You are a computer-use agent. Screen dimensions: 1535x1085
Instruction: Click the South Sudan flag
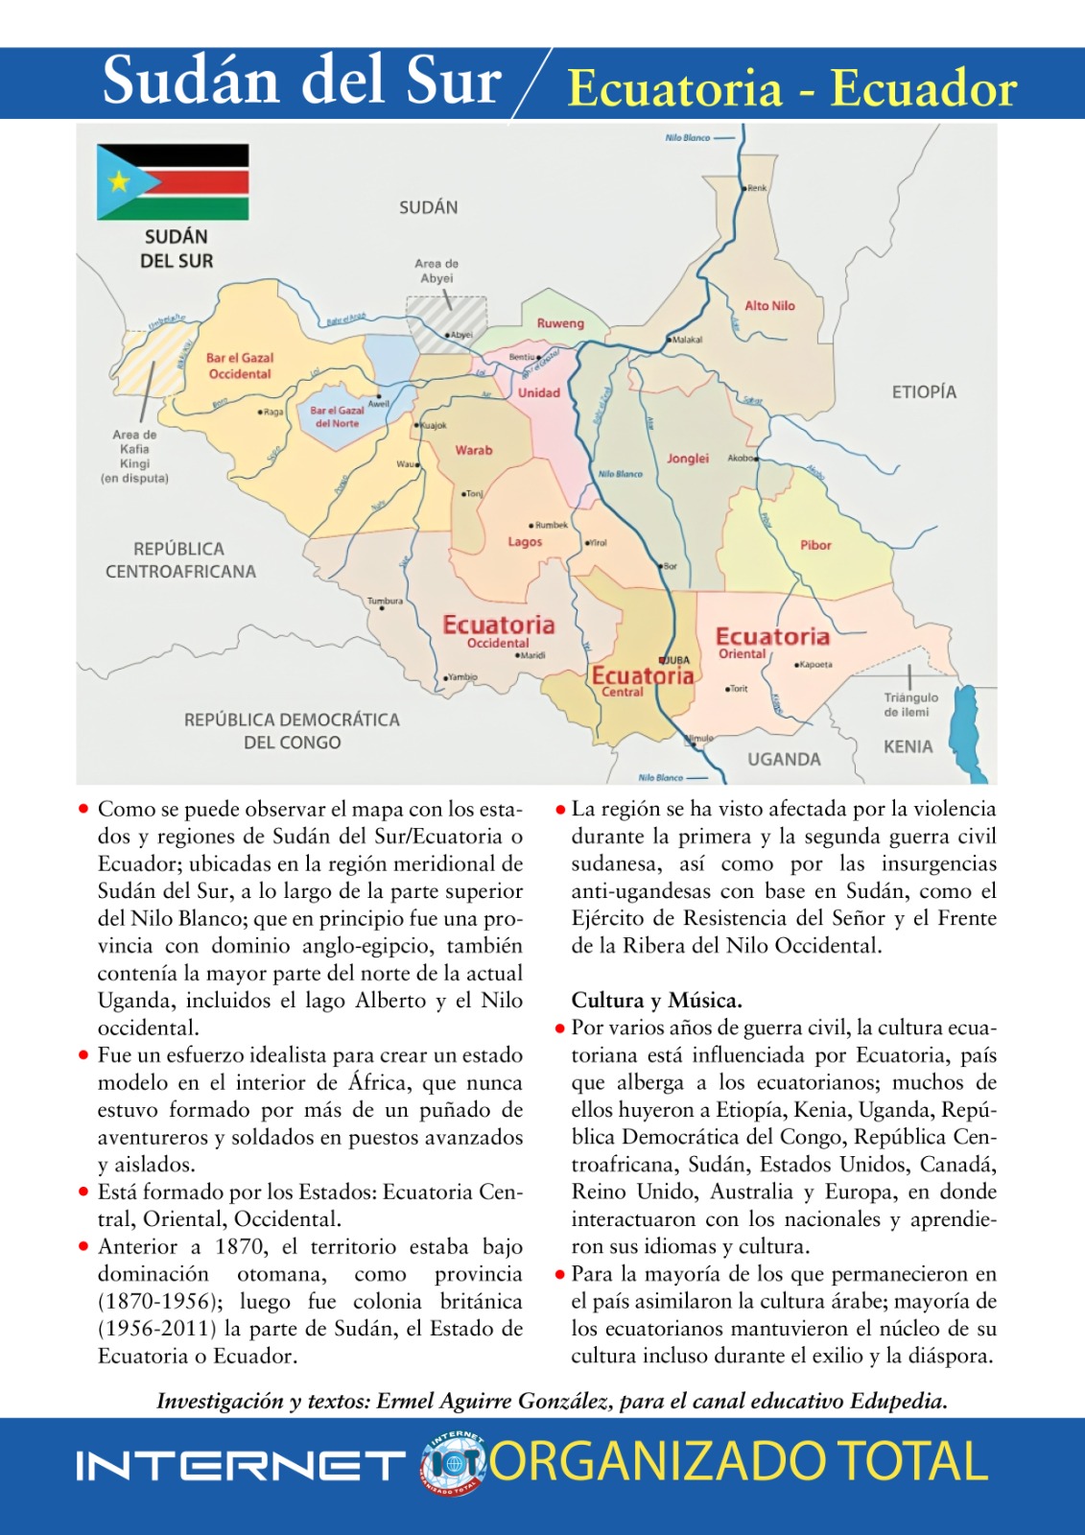(x=173, y=181)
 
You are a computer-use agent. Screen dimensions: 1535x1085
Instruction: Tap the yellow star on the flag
(x=119, y=180)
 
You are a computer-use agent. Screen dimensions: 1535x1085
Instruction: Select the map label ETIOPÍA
(x=924, y=391)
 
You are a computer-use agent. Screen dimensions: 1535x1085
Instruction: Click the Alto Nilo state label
(x=769, y=306)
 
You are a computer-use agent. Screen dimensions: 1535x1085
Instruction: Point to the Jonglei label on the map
(x=688, y=459)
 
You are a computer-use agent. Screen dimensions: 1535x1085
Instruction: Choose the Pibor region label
(x=815, y=545)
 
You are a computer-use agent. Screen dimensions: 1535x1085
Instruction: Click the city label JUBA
(x=676, y=660)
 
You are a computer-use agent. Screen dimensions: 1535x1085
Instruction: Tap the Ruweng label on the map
(x=560, y=323)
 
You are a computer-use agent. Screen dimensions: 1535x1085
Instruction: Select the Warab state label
(x=474, y=450)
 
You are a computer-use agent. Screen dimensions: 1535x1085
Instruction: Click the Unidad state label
(x=539, y=392)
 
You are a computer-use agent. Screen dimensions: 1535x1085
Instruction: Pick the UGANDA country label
(x=784, y=759)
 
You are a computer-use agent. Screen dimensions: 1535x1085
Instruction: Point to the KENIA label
(x=908, y=746)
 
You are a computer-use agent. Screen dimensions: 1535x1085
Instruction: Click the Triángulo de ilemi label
(x=910, y=704)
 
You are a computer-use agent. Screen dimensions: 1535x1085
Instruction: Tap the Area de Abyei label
(x=436, y=271)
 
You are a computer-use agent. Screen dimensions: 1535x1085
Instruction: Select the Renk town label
(x=757, y=188)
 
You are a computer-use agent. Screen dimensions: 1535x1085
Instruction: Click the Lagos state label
(x=525, y=542)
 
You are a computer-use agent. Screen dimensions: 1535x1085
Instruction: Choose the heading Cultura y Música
(x=656, y=1000)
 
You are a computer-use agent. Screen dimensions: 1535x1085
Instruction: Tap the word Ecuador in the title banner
(x=923, y=88)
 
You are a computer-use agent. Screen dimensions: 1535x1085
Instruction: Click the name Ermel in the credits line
(x=404, y=1401)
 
